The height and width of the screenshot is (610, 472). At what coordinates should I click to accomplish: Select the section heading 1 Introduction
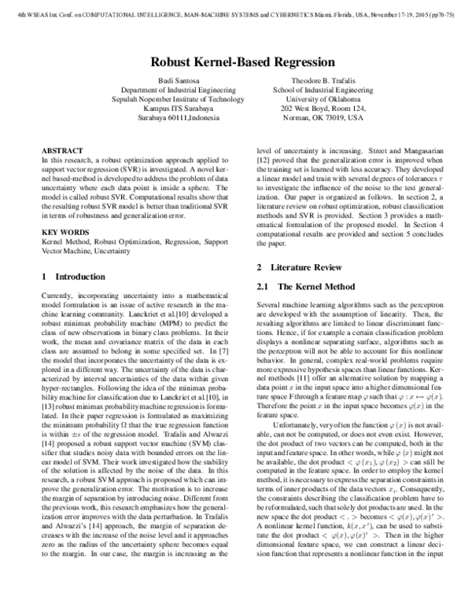tap(72, 277)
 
